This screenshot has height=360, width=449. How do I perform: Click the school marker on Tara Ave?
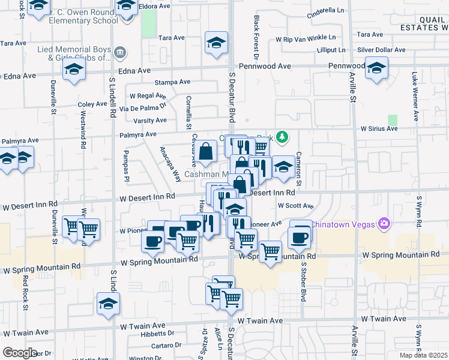pyautogui.click(x=216, y=43)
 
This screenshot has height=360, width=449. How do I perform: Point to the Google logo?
pyautogui.click(x=20, y=353)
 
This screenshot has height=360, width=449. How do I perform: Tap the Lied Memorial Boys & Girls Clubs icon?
pyautogui.click(x=121, y=52)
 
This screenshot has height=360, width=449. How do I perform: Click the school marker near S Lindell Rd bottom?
pyautogui.click(x=109, y=304)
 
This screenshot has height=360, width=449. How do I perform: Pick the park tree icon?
pyautogui.click(x=282, y=138)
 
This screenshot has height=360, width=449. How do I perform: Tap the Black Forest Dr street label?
pyautogui.click(x=256, y=37)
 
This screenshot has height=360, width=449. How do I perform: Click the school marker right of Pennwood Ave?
pyautogui.click(x=376, y=68)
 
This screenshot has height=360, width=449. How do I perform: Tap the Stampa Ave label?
pyautogui.click(x=172, y=82)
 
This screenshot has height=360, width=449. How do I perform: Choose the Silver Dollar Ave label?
pyautogui.click(x=381, y=50)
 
